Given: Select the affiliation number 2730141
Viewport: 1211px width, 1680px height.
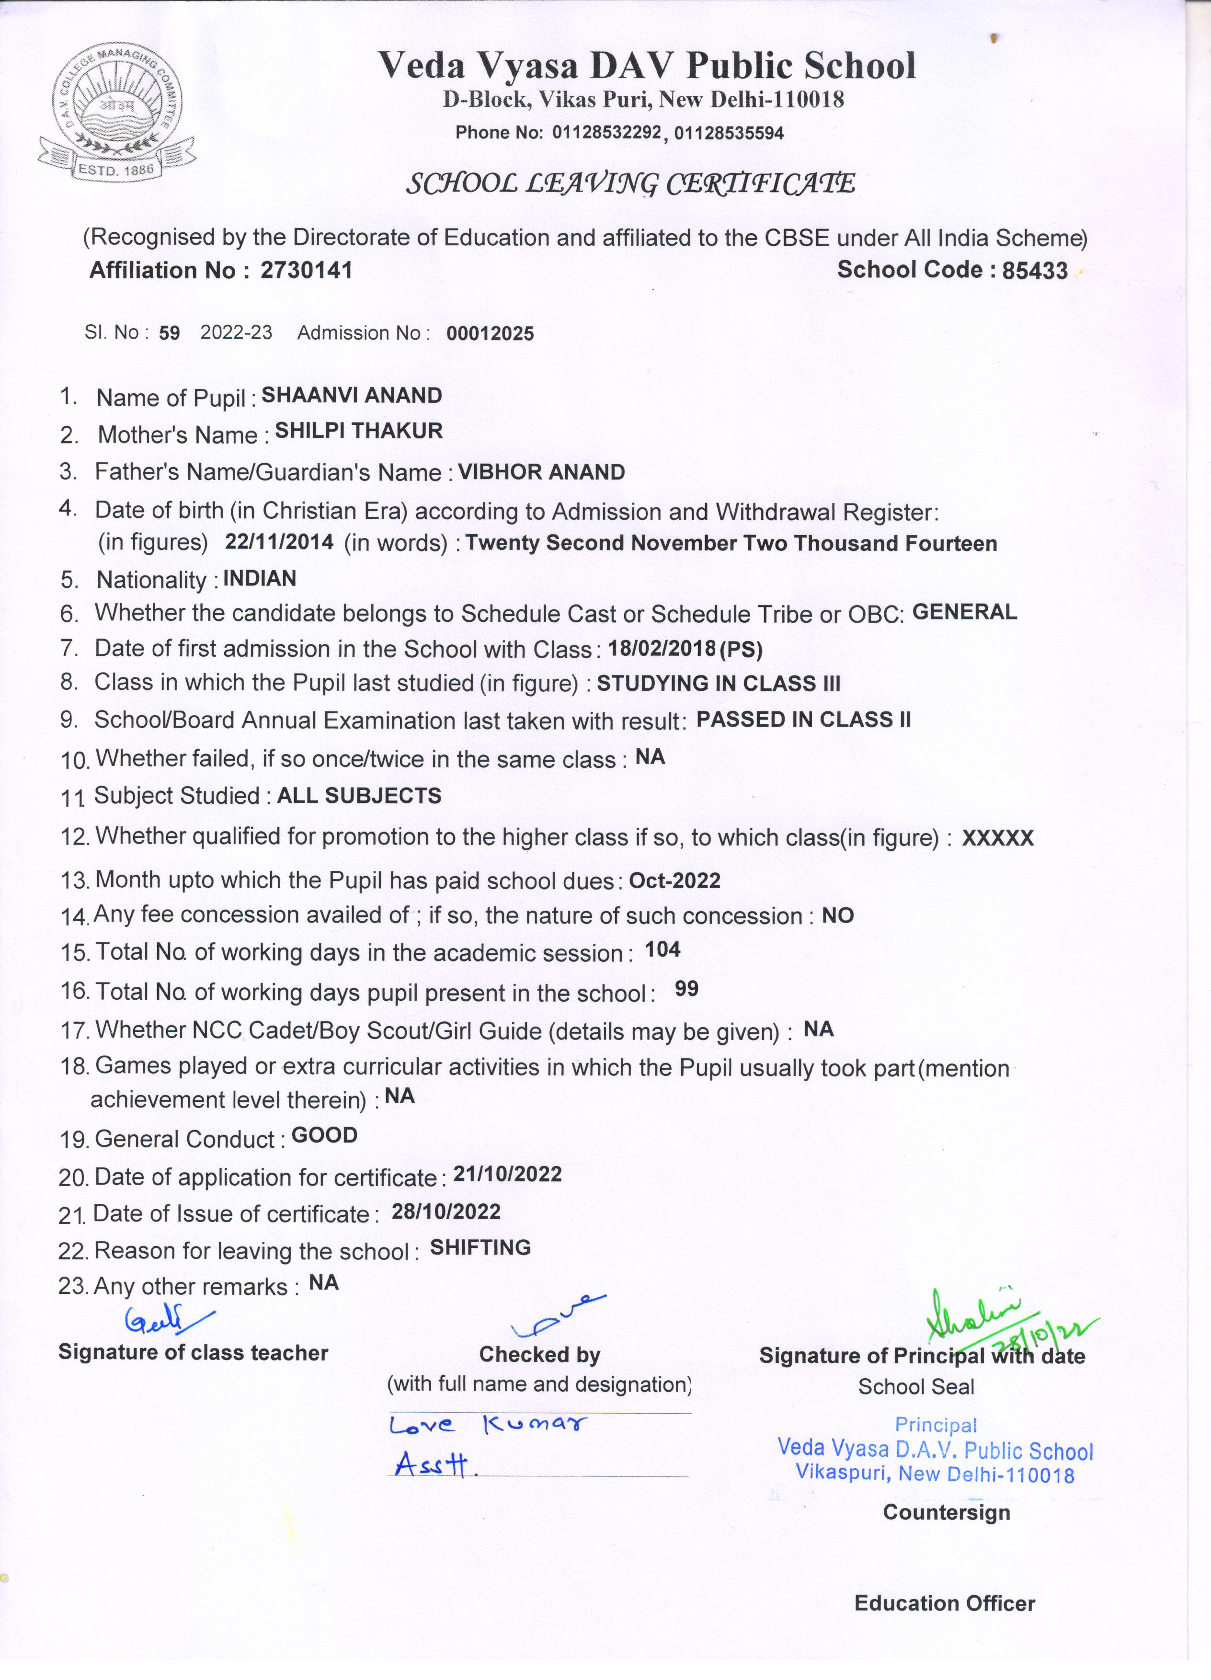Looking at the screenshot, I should coord(306,270).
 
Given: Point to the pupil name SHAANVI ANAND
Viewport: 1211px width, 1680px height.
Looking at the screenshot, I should coord(352,396).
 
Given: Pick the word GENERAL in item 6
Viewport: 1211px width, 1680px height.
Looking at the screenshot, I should coord(964,612).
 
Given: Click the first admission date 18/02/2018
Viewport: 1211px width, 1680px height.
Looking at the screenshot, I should coord(662,649).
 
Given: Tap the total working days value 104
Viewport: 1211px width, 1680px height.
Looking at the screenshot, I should coord(662,949).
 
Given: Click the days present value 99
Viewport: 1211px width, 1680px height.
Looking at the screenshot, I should coord(686,989).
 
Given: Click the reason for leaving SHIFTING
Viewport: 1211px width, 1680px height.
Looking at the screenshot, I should coord(480,1247).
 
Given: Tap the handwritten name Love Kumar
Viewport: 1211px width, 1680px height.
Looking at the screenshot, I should coord(487,1425).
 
